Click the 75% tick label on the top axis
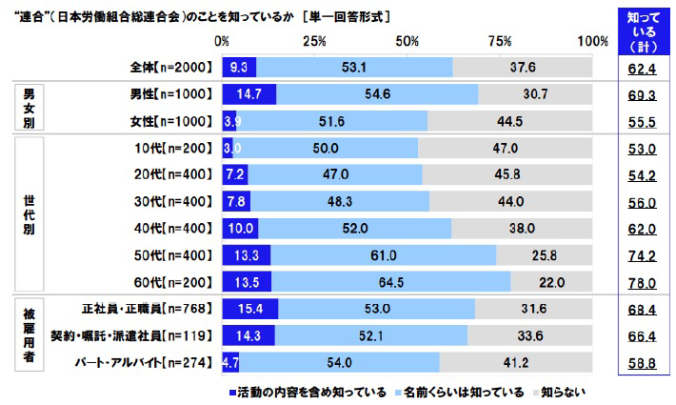tap(501, 41)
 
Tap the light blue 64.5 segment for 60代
tap(390, 282)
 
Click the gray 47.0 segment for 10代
tap(505, 149)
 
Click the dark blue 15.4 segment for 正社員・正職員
tap(249, 309)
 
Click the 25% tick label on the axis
tap(314, 41)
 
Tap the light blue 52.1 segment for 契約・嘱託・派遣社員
tap(371, 335)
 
